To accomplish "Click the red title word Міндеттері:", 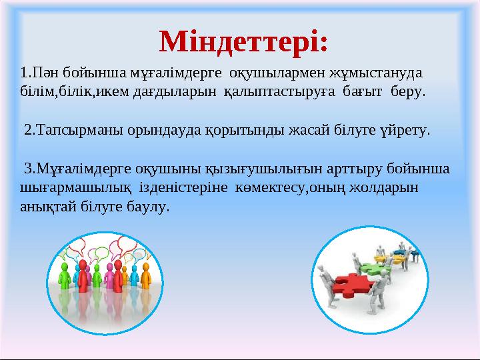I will pyautogui.click(x=244, y=41).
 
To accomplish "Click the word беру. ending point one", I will pyautogui.click(x=407, y=90).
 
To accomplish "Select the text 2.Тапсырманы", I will pyautogui.click(x=63, y=129).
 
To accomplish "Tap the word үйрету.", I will pyautogui.click(x=404, y=129).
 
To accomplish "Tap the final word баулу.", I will pyautogui.click(x=153, y=207).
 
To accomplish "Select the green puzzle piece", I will pyautogui.click(x=371, y=268).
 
